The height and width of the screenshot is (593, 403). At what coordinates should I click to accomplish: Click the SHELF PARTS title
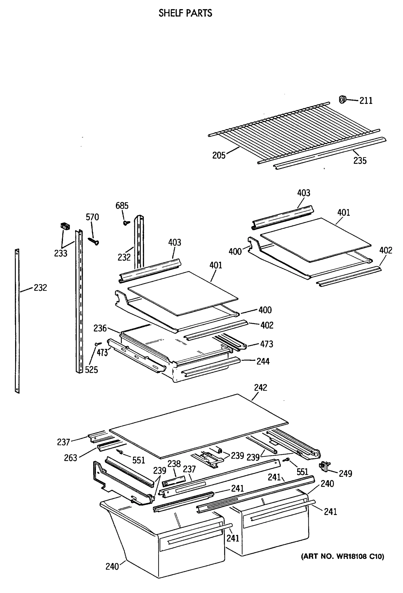click(185, 13)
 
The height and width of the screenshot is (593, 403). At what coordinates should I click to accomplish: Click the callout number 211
click(366, 101)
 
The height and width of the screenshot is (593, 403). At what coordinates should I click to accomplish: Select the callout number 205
click(219, 155)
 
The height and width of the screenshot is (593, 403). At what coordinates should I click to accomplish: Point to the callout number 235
click(360, 161)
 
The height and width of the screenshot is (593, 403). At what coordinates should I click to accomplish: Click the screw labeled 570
click(94, 241)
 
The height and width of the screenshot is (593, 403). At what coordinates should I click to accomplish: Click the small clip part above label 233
click(65, 226)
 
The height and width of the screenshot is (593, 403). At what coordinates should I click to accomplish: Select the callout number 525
click(91, 370)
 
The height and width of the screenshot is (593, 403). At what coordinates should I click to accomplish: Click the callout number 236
click(100, 328)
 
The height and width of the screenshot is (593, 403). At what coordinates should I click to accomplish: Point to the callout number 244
click(263, 361)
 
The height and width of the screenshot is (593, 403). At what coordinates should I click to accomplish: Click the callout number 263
click(70, 458)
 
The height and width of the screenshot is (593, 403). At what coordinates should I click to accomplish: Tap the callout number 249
click(345, 474)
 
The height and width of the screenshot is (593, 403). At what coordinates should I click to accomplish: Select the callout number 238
click(174, 464)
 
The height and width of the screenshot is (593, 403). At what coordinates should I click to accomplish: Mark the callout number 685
click(122, 206)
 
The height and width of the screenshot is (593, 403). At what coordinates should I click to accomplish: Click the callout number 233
click(61, 253)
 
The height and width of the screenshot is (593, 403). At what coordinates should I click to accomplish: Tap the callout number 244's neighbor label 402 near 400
click(267, 325)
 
